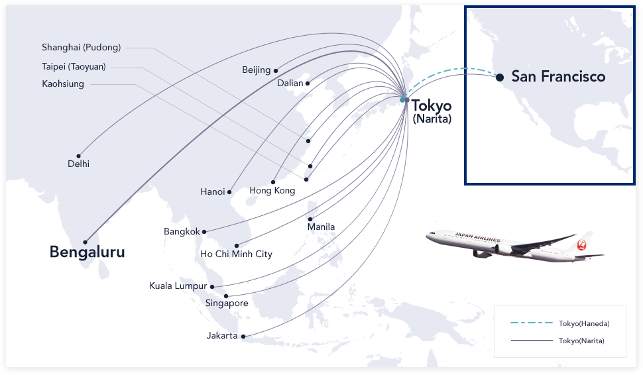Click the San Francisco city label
click(558, 77)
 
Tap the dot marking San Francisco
click(498, 77)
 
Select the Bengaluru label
click(87, 252)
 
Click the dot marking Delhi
click(78, 156)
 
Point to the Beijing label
click(257, 70)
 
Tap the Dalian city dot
click(308, 83)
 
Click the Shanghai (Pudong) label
click(81, 48)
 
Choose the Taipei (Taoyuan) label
click(74, 66)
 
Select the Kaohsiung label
click(63, 84)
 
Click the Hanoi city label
click(213, 192)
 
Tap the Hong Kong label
click(272, 191)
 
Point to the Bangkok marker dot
click(204, 232)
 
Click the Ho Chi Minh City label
click(236, 254)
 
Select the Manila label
click(321, 227)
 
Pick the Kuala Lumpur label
click(178, 286)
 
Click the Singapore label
click(227, 303)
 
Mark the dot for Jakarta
click(243, 337)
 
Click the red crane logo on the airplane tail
click(583, 244)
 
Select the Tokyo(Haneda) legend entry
click(583, 323)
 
